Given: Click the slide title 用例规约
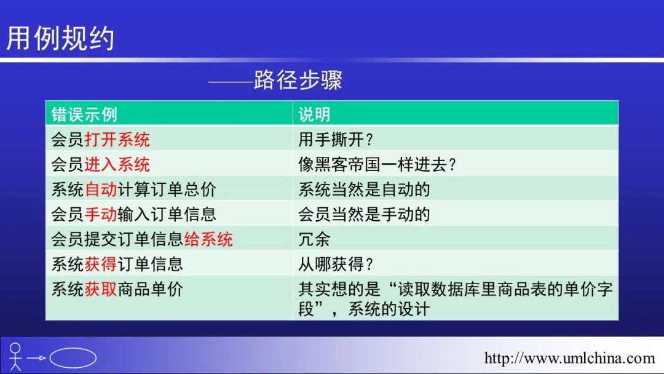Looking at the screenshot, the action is coord(60,38).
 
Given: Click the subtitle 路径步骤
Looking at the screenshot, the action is coord(298,79).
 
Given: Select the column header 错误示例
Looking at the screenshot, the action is coord(84,114).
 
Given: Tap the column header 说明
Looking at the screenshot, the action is coord(314,114).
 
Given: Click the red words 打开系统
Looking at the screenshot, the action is coord(117,140).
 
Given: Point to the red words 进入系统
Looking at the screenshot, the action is coord(117,164).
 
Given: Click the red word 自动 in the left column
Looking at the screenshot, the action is coord(101,189).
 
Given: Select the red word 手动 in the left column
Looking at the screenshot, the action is coord(101,214).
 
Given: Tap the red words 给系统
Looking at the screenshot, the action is coord(208,239).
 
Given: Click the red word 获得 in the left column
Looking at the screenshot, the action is coord(101,265).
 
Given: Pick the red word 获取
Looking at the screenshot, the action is coord(101,289).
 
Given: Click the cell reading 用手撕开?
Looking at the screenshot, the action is coord(336,140).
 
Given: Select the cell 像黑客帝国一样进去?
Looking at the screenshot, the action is coord(377,164).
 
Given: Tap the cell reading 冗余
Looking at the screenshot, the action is coord(314,239).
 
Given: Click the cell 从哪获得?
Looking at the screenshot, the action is coord(336,265).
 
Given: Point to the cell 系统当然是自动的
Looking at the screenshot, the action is coord(364,189).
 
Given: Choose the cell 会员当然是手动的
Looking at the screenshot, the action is coord(364,214).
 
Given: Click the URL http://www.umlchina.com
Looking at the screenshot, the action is coord(569,358).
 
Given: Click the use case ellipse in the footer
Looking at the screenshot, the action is coord(73,348).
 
